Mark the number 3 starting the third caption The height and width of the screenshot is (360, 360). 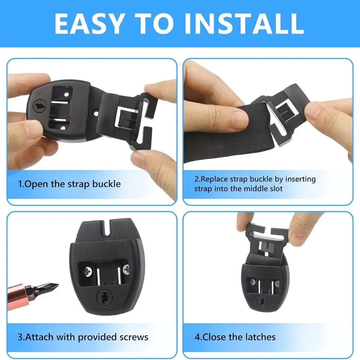coord(21,337)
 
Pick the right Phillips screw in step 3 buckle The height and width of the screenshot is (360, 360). coord(126,269)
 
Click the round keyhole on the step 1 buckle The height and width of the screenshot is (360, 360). coord(40,107)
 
